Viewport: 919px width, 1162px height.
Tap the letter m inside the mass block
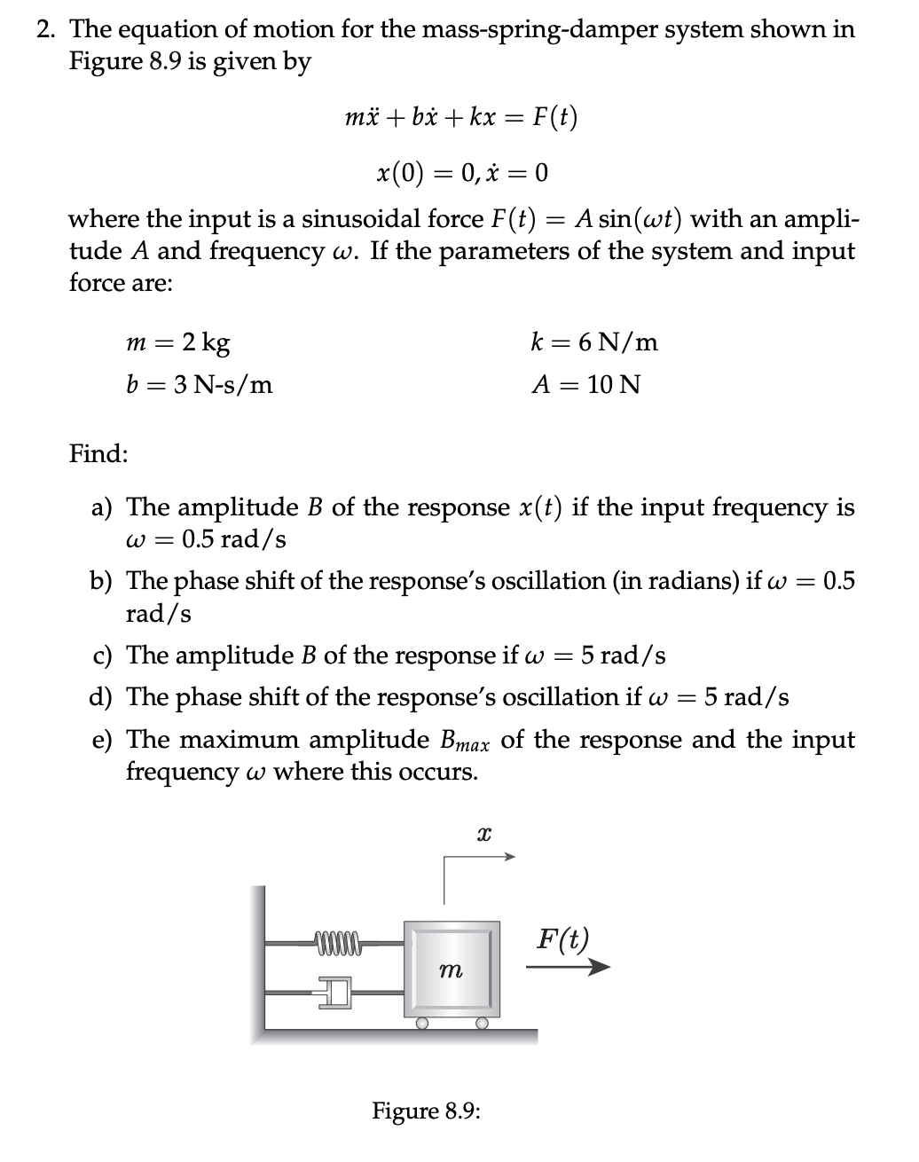coord(452,972)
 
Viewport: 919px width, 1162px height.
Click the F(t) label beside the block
coord(562,938)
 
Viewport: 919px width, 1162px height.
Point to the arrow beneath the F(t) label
coord(568,968)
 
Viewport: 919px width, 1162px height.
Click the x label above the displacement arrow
coord(483,833)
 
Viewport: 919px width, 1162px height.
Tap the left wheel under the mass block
coord(422,1023)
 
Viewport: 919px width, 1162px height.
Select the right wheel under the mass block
coord(482,1023)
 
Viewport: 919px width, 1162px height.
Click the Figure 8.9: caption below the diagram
coord(426,1111)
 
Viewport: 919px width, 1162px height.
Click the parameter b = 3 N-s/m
coord(200,385)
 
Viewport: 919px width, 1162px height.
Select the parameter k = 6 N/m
coord(593,342)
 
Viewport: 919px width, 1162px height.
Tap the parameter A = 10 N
coord(585,385)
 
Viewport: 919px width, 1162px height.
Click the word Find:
coord(98,454)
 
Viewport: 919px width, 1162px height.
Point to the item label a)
coord(102,507)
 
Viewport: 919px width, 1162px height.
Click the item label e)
coord(102,740)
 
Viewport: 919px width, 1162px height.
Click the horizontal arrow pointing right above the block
coord(479,857)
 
